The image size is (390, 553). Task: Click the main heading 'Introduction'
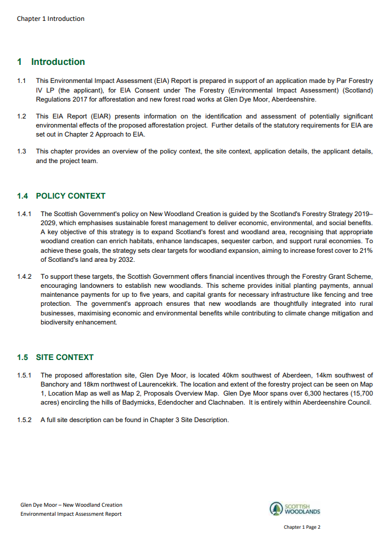(58, 62)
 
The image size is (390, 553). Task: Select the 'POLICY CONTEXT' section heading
(71, 196)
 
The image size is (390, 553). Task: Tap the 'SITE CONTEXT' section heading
(64, 357)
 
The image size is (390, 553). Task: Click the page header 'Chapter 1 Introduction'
(50, 19)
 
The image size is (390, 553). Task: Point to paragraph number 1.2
(21, 117)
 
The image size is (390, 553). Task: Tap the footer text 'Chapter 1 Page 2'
(302, 528)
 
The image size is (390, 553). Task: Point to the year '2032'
(126, 260)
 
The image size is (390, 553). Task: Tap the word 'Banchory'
(55, 384)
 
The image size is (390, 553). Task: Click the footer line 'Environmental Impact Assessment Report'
(71, 514)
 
